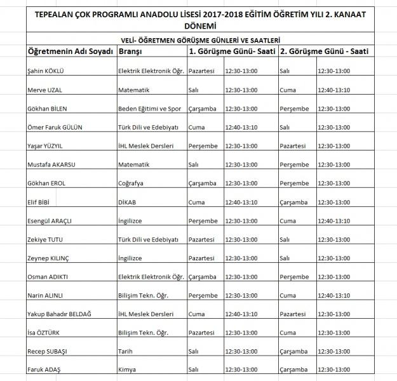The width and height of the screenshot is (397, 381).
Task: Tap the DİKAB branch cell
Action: click(x=128, y=203)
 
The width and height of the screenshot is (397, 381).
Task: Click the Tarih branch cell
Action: click(x=125, y=350)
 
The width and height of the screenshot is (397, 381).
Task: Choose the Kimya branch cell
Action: click(x=127, y=369)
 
